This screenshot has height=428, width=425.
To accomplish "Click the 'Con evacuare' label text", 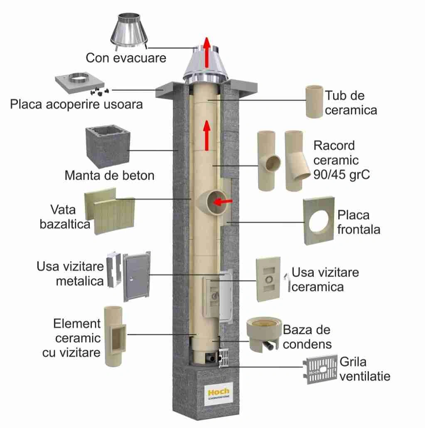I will pos(125,57).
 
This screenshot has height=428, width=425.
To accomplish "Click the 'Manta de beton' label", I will pos(109,175).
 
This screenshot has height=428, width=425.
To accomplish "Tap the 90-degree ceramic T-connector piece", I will pos(268,160).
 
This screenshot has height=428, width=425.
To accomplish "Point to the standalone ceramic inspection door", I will pos(268,278).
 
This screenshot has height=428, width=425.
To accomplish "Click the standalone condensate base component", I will pos(263,333).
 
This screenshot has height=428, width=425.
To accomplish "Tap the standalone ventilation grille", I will pos(321,369).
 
